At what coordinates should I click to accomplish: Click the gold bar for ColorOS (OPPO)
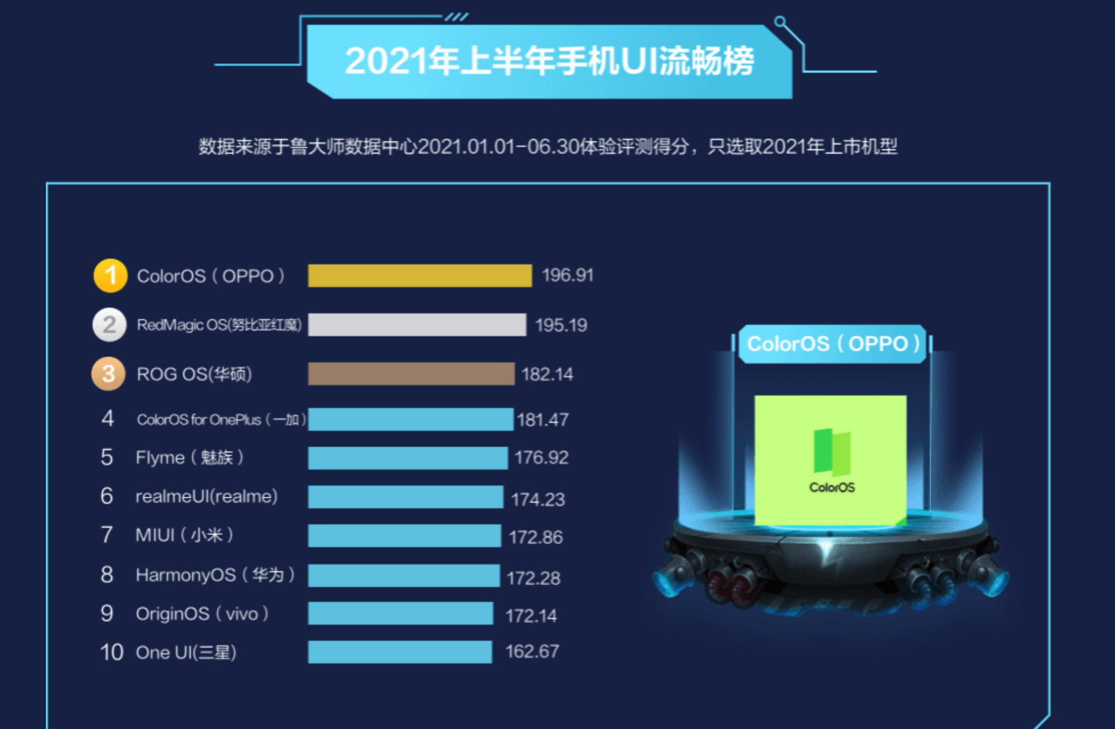(x=419, y=275)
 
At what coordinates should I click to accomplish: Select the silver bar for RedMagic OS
(x=417, y=325)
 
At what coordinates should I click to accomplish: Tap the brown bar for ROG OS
(x=411, y=374)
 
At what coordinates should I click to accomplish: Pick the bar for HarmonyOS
(x=404, y=575)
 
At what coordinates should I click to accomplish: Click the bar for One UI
(x=400, y=652)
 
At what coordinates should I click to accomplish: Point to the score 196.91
(x=567, y=275)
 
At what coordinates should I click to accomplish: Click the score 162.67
(x=531, y=652)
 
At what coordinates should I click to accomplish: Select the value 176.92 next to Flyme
(x=541, y=458)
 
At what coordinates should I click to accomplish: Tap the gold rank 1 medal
(x=110, y=275)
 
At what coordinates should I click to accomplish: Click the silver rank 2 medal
(x=109, y=325)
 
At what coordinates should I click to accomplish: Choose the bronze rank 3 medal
(x=109, y=374)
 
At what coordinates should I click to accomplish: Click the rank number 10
(x=111, y=652)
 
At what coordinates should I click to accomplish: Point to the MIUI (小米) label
(x=184, y=535)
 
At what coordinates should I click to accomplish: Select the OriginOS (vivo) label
(x=202, y=614)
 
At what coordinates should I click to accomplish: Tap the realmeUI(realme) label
(x=206, y=497)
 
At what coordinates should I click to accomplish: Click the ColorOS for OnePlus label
(x=221, y=419)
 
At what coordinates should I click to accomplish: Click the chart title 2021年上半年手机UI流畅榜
(x=549, y=61)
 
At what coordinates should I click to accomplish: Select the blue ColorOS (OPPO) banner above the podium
(x=832, y=344)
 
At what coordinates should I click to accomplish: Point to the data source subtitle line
(x=548, y=146)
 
